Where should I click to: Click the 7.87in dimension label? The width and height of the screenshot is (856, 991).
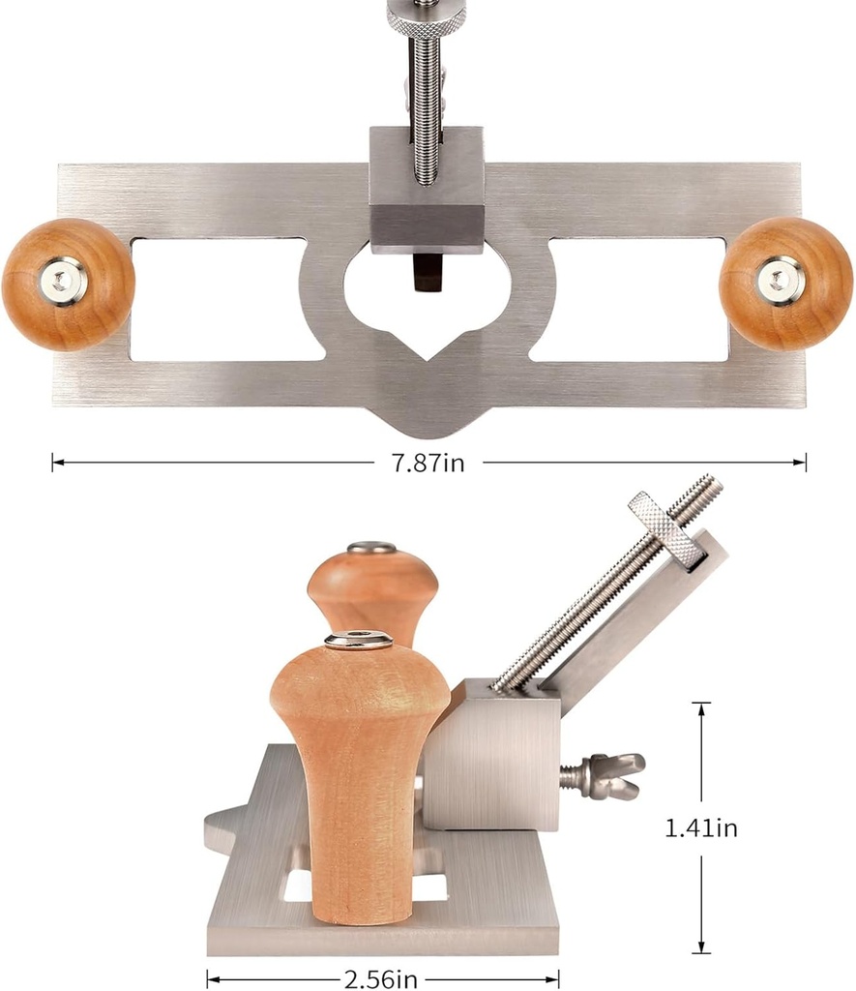420,464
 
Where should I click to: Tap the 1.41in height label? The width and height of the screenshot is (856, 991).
701,828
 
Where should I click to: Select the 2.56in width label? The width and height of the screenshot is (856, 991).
381,979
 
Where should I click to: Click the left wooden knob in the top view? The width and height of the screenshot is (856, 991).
68,284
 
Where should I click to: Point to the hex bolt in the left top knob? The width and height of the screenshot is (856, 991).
65,282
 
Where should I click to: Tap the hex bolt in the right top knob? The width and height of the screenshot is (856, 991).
780,280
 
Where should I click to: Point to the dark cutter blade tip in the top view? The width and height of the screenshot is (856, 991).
427,272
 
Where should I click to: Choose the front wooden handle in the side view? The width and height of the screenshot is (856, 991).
358,765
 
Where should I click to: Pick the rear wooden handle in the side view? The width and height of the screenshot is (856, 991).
372,590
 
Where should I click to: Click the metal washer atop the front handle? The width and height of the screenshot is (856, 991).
358,640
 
